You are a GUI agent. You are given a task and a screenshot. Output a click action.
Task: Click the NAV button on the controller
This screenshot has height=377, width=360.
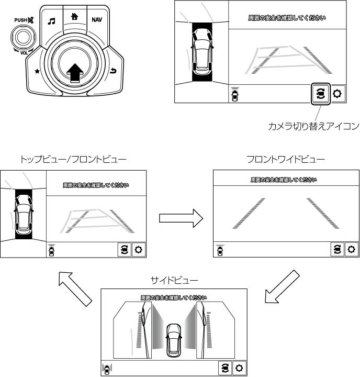97,20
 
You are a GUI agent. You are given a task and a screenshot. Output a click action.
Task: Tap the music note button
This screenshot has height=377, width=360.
51,21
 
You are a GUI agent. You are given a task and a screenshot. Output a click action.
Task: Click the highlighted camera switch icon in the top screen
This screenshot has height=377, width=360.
320,94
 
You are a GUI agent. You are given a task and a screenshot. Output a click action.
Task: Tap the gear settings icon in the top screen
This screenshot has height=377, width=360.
337,94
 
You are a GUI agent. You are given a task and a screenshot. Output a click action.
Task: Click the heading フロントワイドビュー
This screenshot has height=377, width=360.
286,159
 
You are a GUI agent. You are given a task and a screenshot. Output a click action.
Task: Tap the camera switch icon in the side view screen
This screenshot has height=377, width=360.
225,368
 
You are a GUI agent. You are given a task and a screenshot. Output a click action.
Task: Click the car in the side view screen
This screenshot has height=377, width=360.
173,339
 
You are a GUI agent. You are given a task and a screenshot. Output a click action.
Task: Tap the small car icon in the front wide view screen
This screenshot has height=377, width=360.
219,250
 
